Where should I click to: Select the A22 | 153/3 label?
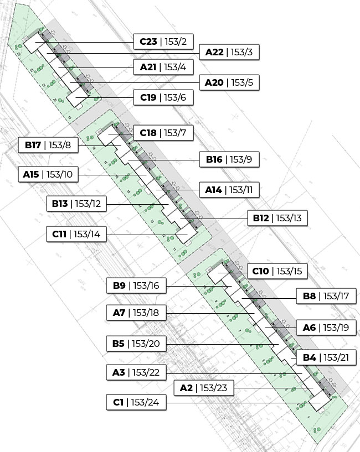click(x=229, y=53)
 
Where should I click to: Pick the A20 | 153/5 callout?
click(x=229, y=83)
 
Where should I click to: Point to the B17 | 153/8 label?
click(x=49, y=145)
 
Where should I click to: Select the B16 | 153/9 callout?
click(x=229, y=160)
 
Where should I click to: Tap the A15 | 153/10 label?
click(x=48, y=174)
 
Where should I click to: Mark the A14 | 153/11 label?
click(x=229, y=190)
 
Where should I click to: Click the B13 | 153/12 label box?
click(x=76, y=204)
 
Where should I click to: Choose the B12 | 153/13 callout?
click(x=276, y=219)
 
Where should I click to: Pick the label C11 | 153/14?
click(x=76, y=234)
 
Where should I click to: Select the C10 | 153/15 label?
click(x=276, y=271)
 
